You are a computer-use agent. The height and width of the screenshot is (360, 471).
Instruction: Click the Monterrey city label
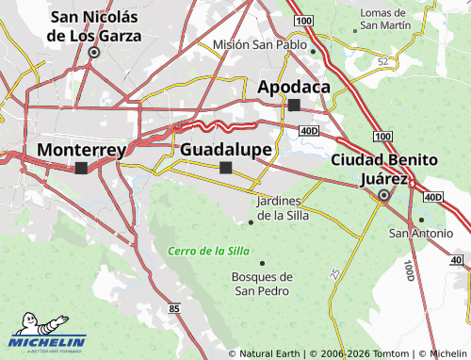pyautogui.click(x=81, y=150)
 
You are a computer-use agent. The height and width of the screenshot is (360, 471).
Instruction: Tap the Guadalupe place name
pyautogui.click(x=226, y=150)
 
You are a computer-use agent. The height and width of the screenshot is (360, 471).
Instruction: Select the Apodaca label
pyautogui.click(x=294, y=87)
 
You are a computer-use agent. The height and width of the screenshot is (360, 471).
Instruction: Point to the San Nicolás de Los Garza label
pyautogui.click(x=94, y=26)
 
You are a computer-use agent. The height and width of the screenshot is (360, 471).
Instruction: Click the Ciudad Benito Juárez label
pyautogui.click(x=383, y=168)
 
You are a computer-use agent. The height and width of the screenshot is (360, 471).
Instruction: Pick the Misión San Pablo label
pyautogui.click(x=260, y=44)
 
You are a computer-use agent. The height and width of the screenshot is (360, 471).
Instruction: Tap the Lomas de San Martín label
pyautogui.click(x=386, y=18)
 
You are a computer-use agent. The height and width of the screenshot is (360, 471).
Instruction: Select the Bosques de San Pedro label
pyautogui.click(x=262, y=284)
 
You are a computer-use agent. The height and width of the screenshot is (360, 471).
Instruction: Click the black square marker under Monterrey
pyautogui.click(x=81, y=168)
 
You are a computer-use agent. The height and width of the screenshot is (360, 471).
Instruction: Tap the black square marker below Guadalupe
pyautogui.click(x=225, y=168)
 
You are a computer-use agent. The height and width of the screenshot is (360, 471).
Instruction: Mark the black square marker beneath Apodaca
pyautogui.click(x=294, y=105)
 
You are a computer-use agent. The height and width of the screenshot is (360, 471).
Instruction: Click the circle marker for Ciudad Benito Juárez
pyautogui.click(x=383, y=196)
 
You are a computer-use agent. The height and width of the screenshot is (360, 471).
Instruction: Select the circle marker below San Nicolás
pyautogui.click(x=93, y=53)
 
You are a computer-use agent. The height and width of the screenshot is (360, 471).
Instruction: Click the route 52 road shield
pyautogui.click(x=382, y=61)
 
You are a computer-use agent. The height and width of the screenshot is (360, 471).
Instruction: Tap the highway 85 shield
pyautogui.click(x=174, y=308)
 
